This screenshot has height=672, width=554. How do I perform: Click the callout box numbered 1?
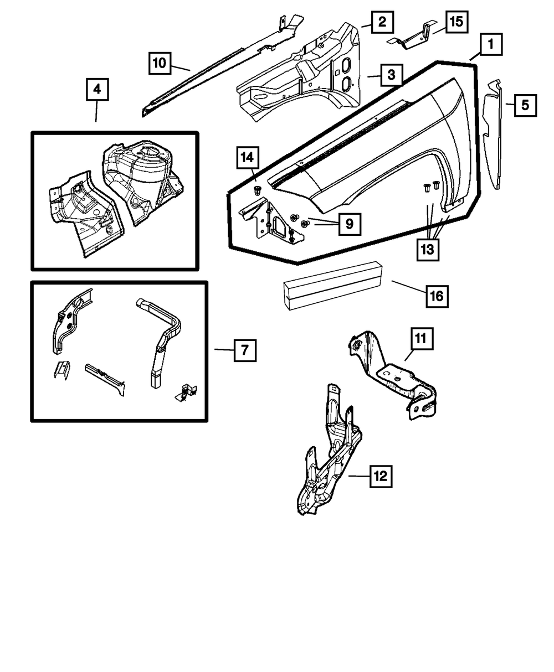tap(491, 44)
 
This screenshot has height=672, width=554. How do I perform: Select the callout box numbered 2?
tap(382, 23)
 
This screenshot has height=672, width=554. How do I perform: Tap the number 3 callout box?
tap(391, 75)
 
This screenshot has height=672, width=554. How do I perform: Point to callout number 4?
tap(97, 89)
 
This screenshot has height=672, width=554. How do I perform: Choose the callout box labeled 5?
tap(525, 104)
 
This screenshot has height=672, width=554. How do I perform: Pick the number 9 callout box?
tap(348, 224)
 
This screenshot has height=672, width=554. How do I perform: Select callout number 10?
tap(160, 63)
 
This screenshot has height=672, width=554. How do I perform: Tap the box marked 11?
tap(422, 339)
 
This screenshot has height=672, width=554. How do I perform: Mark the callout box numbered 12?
tap(381, 475)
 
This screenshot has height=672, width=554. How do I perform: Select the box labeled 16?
tap(436, 296)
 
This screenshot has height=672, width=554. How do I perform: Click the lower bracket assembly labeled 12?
tap(327, 465)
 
